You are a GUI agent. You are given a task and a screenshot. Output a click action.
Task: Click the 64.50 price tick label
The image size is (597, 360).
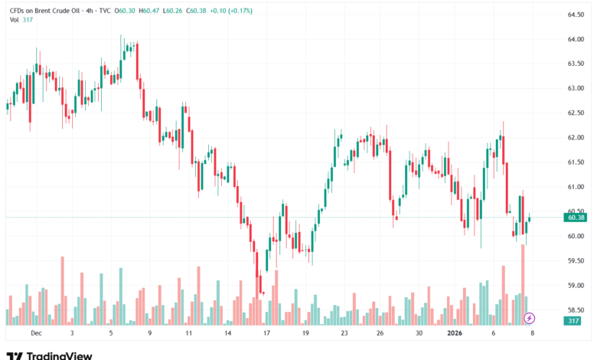576,15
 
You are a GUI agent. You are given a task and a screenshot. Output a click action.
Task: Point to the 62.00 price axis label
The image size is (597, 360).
576,138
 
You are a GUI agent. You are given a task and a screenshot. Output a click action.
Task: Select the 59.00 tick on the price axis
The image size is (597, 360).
576,286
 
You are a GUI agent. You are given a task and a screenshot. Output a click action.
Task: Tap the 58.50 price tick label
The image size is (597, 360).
576,310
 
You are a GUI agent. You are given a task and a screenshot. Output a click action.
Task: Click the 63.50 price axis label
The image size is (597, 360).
576,64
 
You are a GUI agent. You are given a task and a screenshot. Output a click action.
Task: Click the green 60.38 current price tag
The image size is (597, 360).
576,218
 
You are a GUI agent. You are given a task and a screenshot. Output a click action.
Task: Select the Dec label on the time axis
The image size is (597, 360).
34,333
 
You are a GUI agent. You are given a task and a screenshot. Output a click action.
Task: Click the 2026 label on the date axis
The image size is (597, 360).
455,333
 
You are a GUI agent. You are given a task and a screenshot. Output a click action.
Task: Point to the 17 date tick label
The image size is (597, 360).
266,333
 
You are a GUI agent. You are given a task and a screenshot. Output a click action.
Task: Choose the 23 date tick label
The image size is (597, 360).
344,333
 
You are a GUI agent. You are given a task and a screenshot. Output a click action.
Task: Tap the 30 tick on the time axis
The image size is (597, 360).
418,333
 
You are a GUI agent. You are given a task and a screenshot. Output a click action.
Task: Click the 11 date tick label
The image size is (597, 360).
188,333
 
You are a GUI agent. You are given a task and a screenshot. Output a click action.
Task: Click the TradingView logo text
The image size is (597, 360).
60,355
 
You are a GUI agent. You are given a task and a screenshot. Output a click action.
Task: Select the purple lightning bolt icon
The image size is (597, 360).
529,317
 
